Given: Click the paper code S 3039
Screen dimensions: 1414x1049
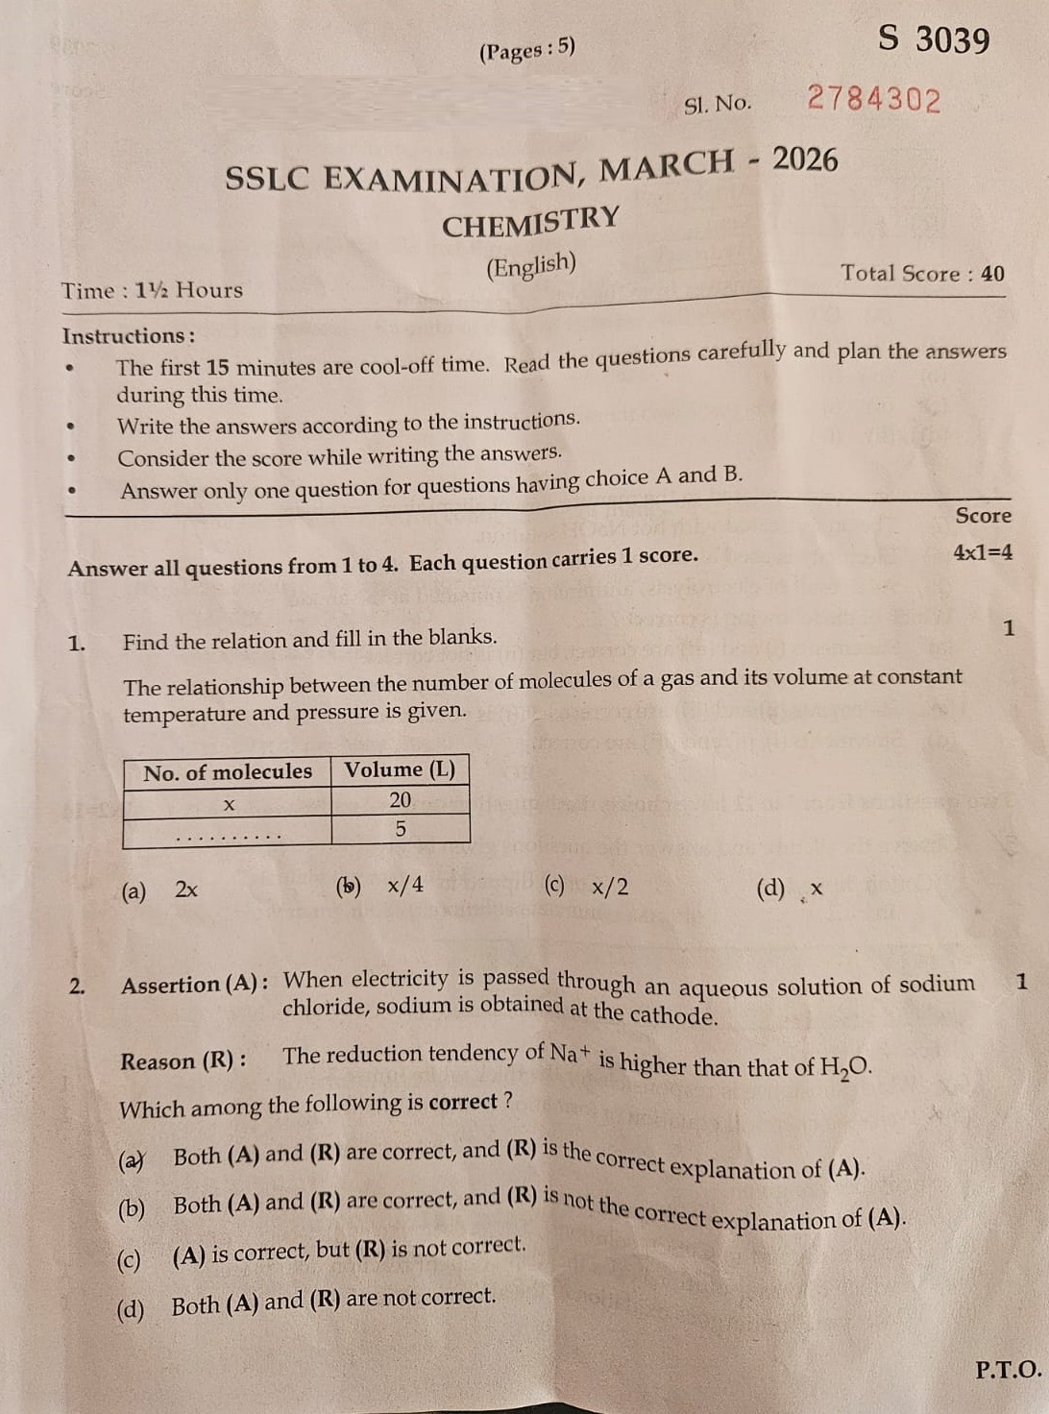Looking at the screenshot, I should point(934,40).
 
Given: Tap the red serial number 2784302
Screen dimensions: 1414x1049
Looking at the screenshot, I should point(873,99).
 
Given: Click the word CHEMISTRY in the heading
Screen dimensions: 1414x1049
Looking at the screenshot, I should point(530,221).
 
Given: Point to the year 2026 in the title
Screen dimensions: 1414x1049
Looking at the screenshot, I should point(805,159).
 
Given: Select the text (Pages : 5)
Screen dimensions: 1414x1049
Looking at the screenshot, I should point(526,49).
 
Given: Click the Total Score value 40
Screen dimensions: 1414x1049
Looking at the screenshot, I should point(992,274).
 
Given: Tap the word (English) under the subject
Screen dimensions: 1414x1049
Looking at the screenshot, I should point(530,266).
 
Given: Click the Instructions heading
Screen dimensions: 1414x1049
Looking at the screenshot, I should point(128,336).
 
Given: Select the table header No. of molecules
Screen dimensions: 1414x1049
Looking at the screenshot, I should point(228,772).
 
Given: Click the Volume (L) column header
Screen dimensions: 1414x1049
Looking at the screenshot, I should point(400,769).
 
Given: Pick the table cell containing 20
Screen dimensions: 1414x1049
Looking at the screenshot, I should point(400,800).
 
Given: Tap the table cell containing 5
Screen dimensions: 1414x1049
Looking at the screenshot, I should point(400,829).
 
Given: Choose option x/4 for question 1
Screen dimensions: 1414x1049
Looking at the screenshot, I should point(404,885).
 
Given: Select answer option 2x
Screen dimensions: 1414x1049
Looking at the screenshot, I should point(185,890).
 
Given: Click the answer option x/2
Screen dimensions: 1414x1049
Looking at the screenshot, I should point(610,886).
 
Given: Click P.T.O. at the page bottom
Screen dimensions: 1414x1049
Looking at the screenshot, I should point(1008,1370).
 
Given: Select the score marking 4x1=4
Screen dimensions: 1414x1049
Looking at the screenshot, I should point(982,552).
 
